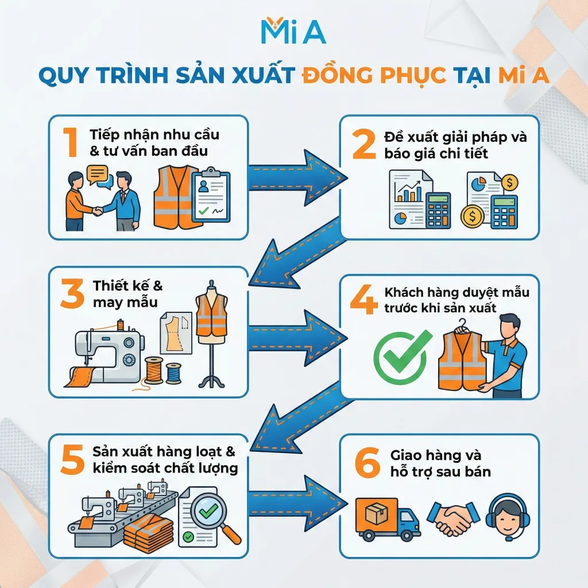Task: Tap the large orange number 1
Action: point(71,142)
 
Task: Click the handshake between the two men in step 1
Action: point(98,210)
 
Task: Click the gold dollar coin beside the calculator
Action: point(472,217)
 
